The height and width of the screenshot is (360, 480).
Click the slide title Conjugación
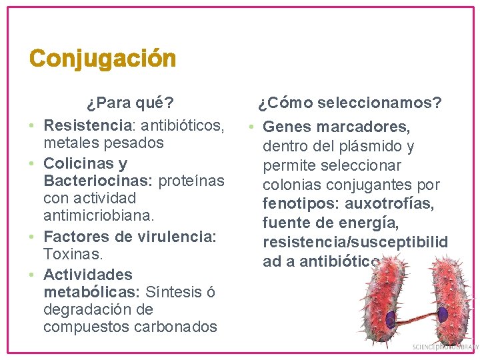tap(103, 59)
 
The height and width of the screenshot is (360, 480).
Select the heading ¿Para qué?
tap(130, 103)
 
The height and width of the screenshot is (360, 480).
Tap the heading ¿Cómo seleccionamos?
tap(350, 103)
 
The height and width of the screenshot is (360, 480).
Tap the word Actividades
tap(88, 274)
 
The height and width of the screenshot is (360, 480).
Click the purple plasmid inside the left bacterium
tap(390, 319)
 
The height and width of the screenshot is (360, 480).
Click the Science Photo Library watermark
tap(445, 347)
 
